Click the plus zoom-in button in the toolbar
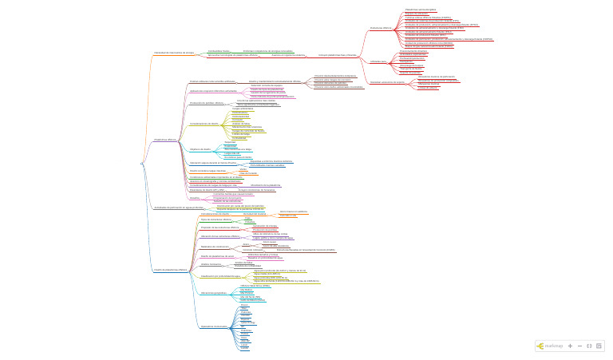click(x=571, y=346)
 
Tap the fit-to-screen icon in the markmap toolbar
click(x=589, y=346)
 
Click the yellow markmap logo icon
click(x=540, y=346)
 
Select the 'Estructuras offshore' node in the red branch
click(x=381, y=28)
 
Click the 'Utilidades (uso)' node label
click(x=379, y=61)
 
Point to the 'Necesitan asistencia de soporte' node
click(x=387, y=82)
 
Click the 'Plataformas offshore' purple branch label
click(x=165, y=140)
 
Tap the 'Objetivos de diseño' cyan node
click(x=200, y=148)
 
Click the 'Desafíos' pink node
click(x=195, y=197)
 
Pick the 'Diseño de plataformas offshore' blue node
click(x=171, y=270)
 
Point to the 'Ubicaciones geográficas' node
click(x=215, y=293)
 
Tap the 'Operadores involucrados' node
click(x=215, y=326)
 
